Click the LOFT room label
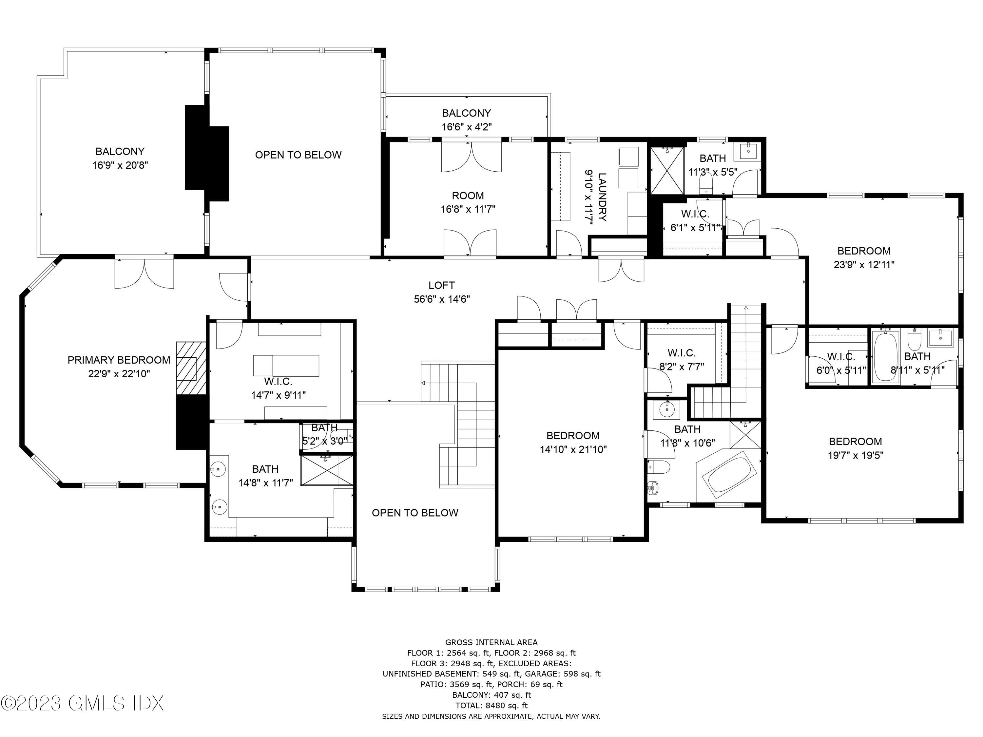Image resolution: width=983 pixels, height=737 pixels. click(441, 285)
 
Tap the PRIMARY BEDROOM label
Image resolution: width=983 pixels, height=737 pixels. click(119, 360)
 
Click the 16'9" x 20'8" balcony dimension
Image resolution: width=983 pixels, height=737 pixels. click(120, 165)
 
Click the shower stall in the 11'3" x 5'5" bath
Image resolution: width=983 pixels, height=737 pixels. click(667, 171)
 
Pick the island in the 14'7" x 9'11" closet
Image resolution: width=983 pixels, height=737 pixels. click(286, 365)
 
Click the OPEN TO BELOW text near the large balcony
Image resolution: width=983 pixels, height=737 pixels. click(298, 155)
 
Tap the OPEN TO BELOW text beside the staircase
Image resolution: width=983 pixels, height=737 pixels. click(414, 513)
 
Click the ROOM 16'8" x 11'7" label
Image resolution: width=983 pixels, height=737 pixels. click(468, 202)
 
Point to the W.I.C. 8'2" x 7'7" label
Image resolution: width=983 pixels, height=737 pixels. click(681, 360)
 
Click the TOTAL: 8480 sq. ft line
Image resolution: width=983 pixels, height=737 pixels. click(491, 706)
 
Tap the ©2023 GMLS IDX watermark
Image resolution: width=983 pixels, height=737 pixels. click(82, 703)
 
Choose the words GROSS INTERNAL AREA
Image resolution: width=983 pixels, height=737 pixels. click(491, 642)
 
